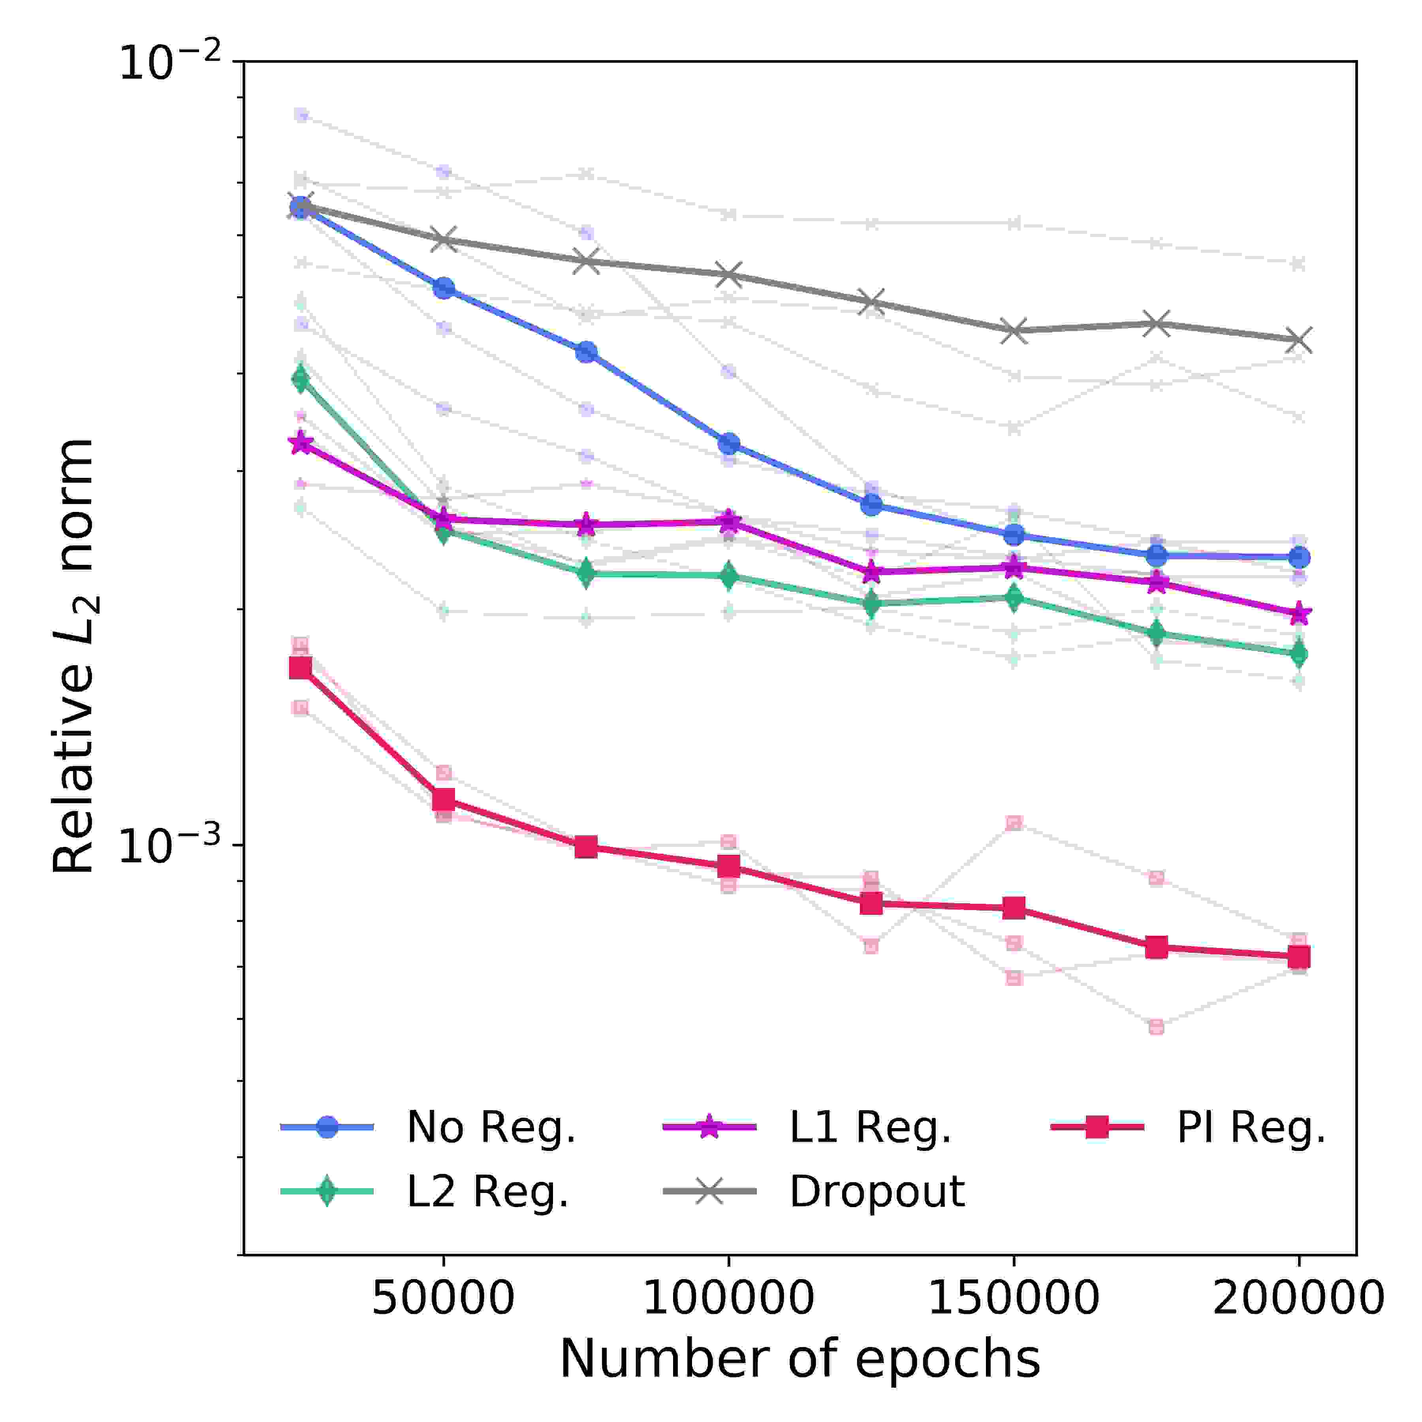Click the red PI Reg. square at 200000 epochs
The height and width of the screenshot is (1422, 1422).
click(x=1298, y=957)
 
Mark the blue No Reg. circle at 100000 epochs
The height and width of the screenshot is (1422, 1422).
click(x=729, y=444)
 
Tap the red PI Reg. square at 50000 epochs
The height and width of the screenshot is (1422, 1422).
click(x=443, y=799)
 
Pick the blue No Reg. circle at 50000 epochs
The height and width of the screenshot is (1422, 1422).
click(x=443, y=288)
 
